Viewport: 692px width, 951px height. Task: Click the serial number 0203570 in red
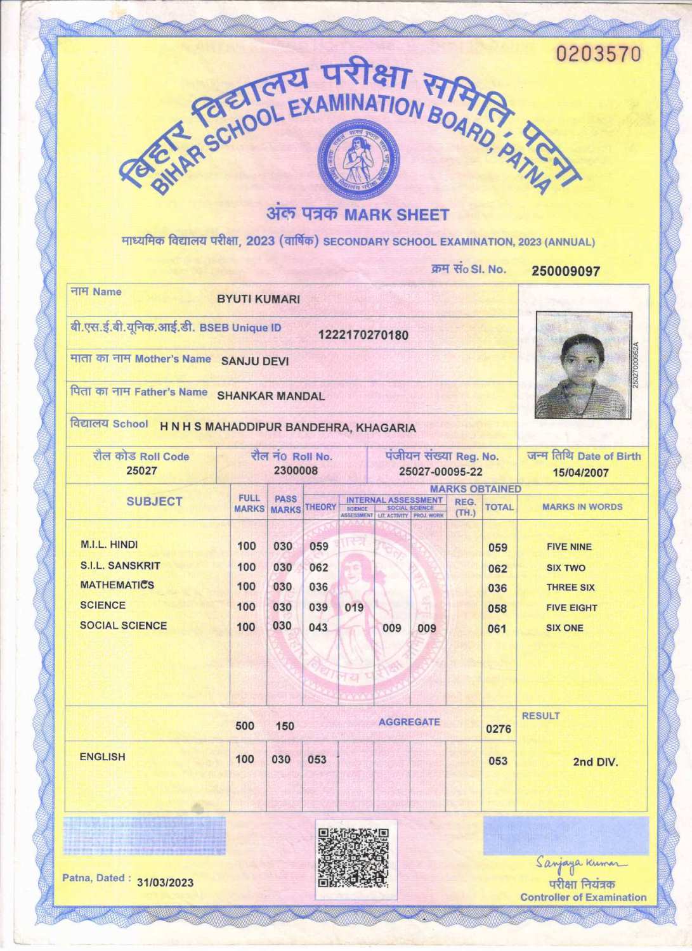click(599, 55)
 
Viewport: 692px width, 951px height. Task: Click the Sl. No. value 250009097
click(565, 271)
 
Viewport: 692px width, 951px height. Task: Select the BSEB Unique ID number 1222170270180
click(363, 335)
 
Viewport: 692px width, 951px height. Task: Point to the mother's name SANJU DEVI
click(254, 361)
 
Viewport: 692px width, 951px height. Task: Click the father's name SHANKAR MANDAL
click(271, 396)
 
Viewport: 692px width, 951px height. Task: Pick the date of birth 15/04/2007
click(580, 472)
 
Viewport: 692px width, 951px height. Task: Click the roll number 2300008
click(296, 470)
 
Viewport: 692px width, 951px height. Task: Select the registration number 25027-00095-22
click(440, 472)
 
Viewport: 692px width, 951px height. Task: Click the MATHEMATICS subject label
click(117, 585)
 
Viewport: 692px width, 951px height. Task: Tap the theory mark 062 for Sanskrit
click(318, 567)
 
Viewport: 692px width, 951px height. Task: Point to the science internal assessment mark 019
click(354, 607)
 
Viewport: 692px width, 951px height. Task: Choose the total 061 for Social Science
click(497, 629)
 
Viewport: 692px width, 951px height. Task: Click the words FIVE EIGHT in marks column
click(571, 607)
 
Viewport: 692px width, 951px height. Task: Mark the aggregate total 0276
click(498, 729)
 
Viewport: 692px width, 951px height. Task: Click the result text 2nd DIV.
click(595, 761)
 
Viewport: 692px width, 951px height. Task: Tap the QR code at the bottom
click(354, 858)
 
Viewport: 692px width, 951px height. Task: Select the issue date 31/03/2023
click(165, 883)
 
